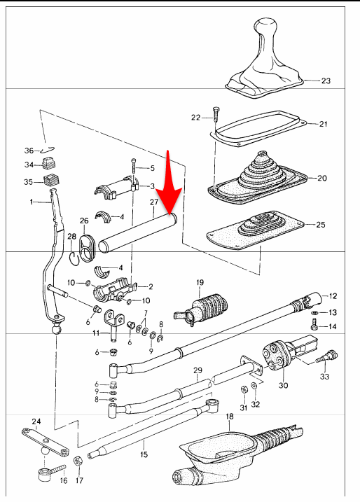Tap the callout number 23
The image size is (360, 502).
click(326, 81)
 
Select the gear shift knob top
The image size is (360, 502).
click(265, 26)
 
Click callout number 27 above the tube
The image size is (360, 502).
click(154, 202)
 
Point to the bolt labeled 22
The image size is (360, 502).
click(215, 114)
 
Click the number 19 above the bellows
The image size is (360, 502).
click(200, 282)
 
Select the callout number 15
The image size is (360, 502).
click(144, 454)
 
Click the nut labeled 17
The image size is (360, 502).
click(78, 461)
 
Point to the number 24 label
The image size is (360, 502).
click(36, 421)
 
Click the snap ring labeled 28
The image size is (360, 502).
click(74, 258)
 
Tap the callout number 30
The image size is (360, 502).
click(283, 385)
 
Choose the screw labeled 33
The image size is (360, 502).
click(327, 356)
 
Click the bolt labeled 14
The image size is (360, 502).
click(314, 324)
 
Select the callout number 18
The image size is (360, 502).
click(230, 416)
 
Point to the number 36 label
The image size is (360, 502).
click(29, 151)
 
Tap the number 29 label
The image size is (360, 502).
click(198, 370)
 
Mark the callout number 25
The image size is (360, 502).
click(321, 225)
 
